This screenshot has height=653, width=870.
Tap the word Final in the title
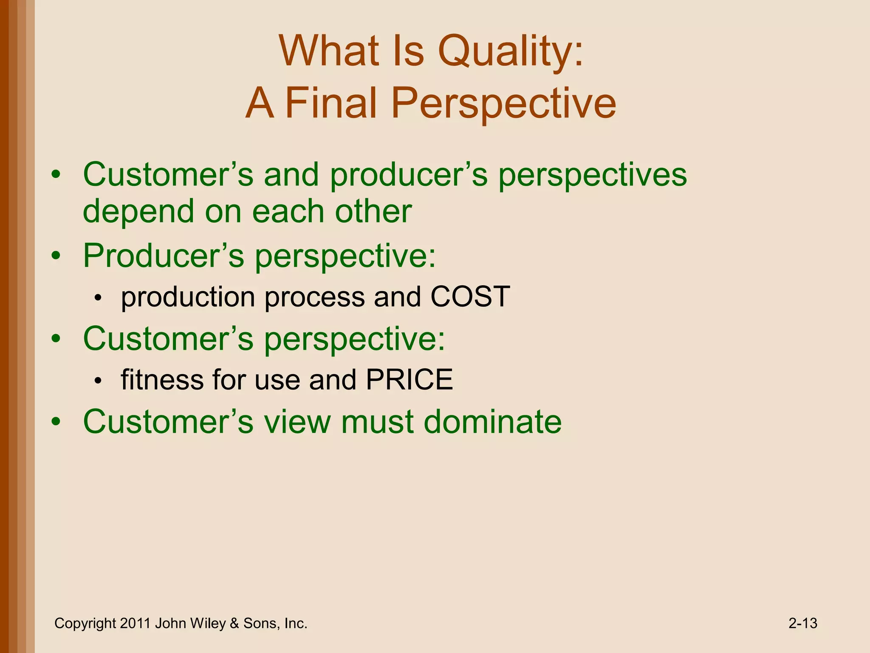pos(330,103)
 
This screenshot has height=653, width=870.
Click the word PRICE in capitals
pos(409,379)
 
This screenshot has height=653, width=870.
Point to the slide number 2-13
pos(802,623)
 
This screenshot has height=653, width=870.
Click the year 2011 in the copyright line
pos(135,623)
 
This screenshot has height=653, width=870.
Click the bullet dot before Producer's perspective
pos(56,256)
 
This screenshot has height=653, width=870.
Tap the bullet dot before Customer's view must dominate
pos(56,422)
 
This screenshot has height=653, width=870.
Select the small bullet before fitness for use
pos(98,381)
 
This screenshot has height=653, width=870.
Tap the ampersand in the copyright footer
pos(234,623)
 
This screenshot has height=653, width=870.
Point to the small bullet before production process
pos(98,298)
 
